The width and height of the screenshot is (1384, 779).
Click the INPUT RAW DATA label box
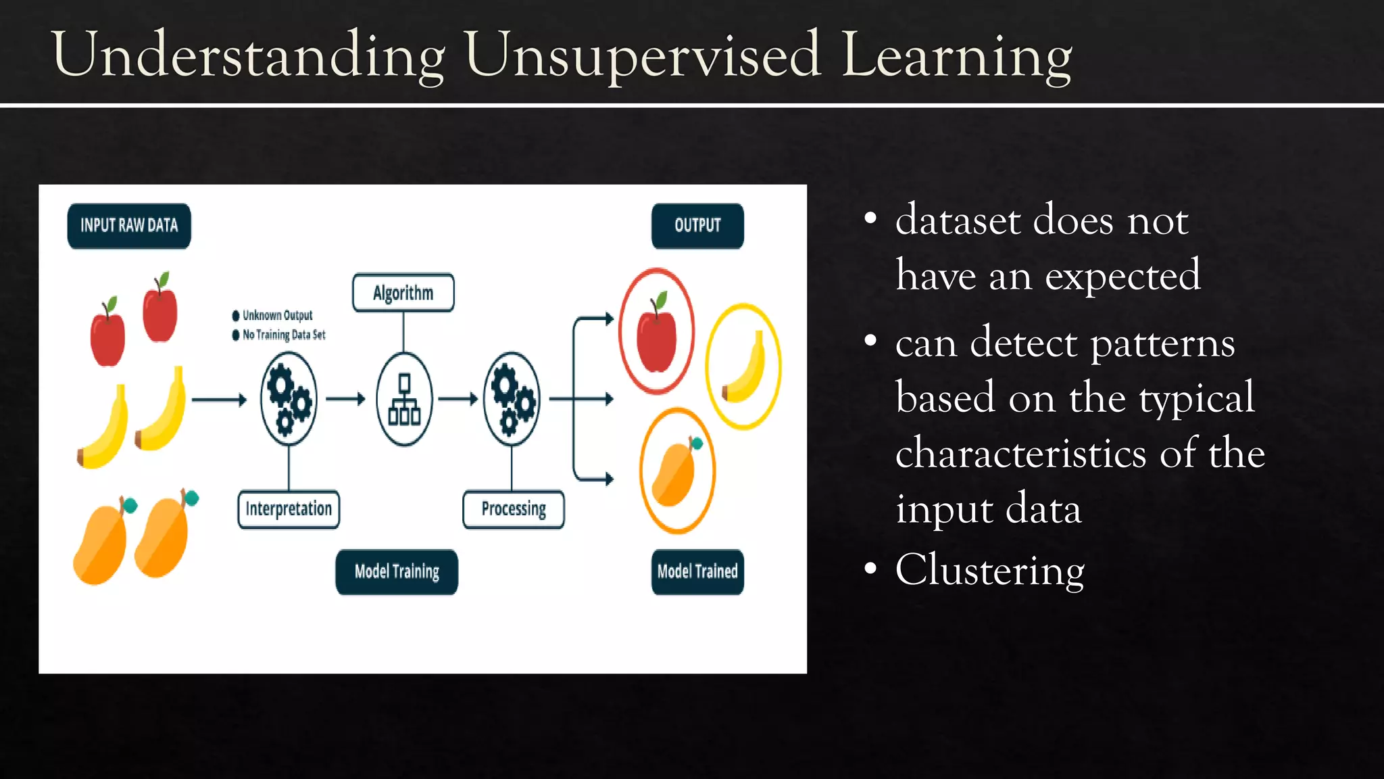click(129, 226)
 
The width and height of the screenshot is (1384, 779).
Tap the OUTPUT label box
click(697, 226)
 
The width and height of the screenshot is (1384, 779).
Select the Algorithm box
click(403, 293)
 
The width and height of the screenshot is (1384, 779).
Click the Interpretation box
click(289, 509)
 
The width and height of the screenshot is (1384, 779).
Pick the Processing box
click(514, 509)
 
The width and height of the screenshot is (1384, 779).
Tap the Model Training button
click(397, 572)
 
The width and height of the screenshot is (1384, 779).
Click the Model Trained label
click(697, 572)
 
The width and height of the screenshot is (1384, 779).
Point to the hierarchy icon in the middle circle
click(404, 400)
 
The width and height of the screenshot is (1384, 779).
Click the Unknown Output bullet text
click(277, 315)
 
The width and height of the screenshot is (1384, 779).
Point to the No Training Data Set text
click(284, 335)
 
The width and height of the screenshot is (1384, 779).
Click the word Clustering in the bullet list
click(989, 570)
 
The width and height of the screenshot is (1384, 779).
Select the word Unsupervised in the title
click(643, 55)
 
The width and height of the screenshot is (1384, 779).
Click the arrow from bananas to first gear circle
click(219, 400)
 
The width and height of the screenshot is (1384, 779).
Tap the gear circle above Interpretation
click(289, 399)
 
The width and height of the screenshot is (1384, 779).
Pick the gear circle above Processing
click(512, 399)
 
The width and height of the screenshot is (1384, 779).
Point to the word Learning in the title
click(956, 55)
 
